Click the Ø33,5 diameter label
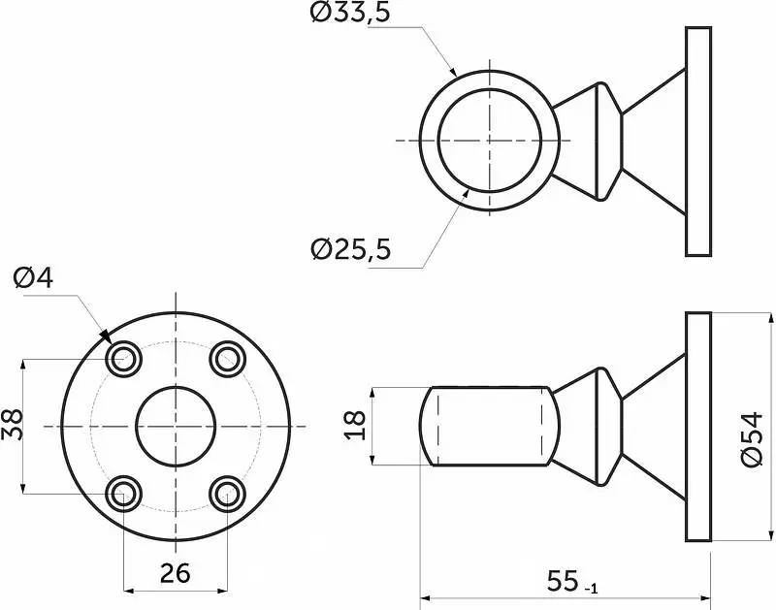click(x=350, y=13)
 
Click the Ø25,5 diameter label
click(x=350, y=249)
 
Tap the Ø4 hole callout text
click(x=33, y=278)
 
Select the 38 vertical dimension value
click(x=13, y=424)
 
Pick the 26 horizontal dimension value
click(x=176, y=573)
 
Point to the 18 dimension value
click(x=355, y=425)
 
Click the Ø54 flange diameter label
click(x=753, y=438)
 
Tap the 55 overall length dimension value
click(x=563, y=581)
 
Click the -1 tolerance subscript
click(x=592, y=589)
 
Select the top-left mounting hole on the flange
click(x=124, y=359)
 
